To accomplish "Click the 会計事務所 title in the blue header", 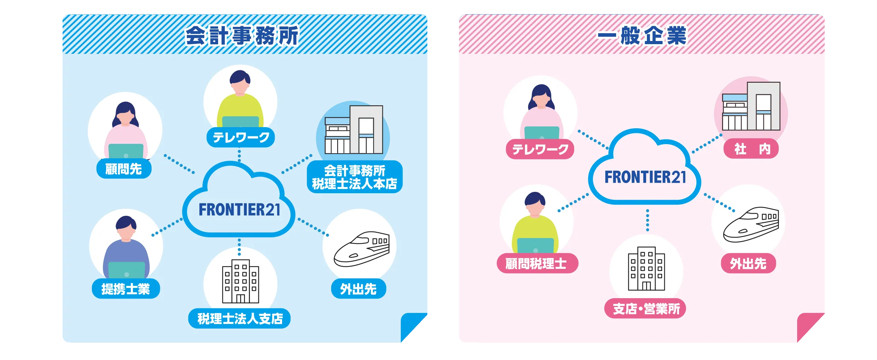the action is click(242, 35).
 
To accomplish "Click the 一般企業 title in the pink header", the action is click(642, 35).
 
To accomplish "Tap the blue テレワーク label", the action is click(241, 137).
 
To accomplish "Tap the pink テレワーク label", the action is click(540, 149).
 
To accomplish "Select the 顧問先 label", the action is click(124, 169).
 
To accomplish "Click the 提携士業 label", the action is click(126, 289).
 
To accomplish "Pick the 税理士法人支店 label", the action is click(240, 319).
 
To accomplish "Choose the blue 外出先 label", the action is click(358, 289).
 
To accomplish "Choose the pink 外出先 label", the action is click(748, 263).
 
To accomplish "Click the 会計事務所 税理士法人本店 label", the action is click(355, 177).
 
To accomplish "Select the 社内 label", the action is click(751, 149).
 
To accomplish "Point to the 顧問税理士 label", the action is click(537, 263).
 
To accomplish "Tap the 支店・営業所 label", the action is click(645, 308).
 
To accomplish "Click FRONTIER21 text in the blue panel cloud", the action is click(239, 209).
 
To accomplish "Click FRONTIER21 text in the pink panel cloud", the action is click(645, 177).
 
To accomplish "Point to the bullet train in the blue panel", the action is click(362, 249).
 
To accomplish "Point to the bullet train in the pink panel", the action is click(751, 225).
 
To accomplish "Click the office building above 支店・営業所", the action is click(646, 268).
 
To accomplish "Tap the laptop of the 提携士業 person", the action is click(126, 270).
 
